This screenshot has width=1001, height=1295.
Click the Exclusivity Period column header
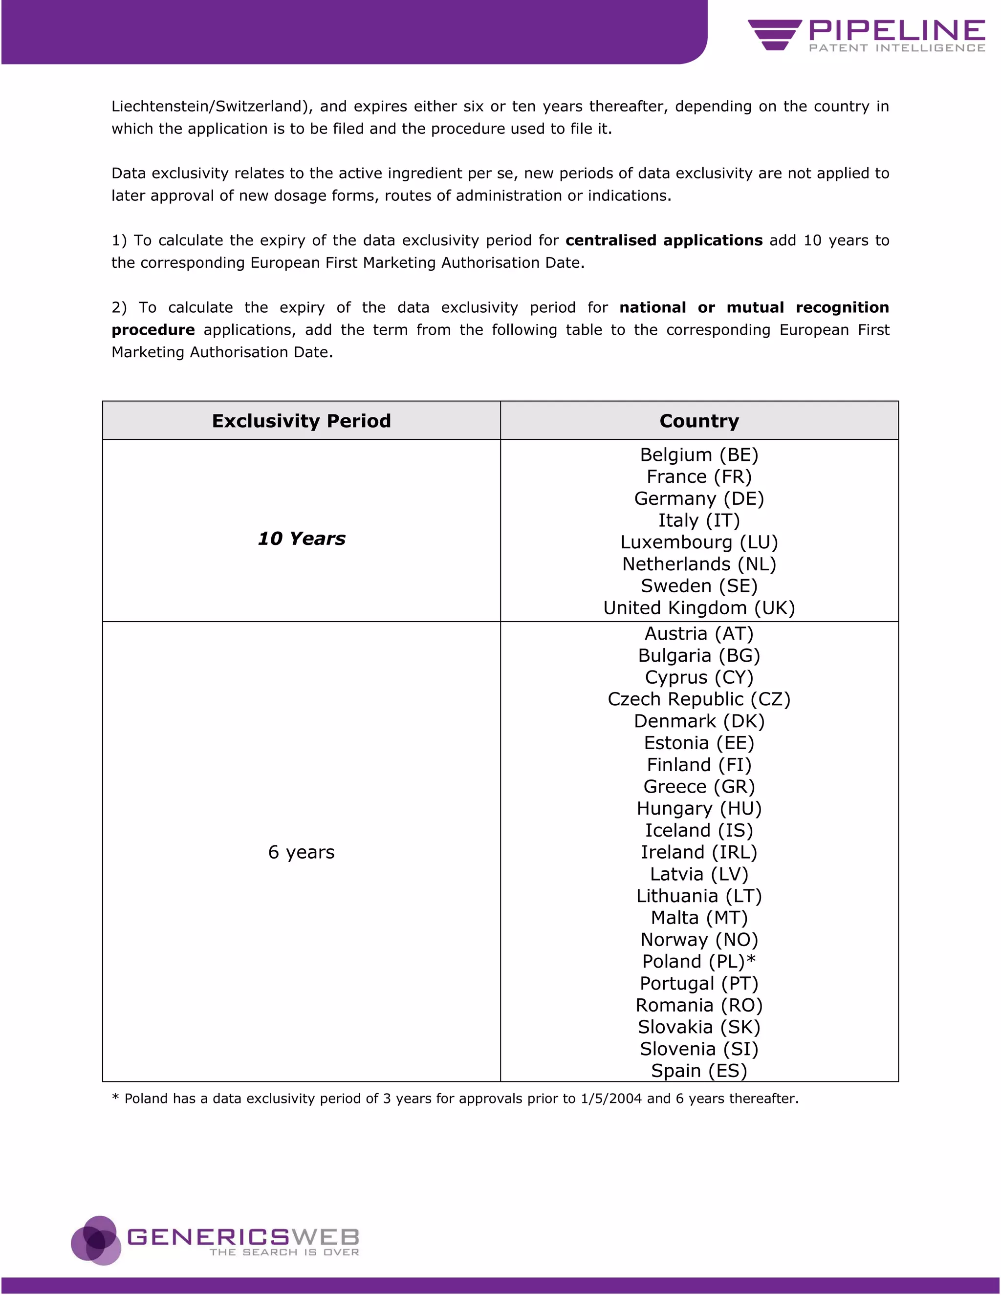301,420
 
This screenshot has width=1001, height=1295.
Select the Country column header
699,420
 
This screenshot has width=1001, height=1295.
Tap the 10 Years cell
301,539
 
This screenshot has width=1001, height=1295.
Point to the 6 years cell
301,852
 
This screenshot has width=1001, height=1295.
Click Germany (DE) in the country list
699,498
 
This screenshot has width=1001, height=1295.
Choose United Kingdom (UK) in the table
699,608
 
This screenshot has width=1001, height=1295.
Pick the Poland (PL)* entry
699,961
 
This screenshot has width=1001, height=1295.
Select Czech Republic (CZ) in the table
699,699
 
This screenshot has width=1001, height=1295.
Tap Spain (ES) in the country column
699,1070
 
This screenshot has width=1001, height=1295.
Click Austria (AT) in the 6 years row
699,634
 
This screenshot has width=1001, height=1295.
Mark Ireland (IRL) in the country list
699,852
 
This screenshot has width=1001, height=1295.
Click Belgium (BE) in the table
699,455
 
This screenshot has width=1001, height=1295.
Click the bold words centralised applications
664,240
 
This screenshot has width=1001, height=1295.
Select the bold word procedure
153,330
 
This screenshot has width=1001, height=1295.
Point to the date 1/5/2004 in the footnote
611,1099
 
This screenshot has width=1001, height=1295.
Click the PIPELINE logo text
896,30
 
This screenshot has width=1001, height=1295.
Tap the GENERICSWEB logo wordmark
243,1237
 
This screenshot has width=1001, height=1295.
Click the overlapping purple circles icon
96,1240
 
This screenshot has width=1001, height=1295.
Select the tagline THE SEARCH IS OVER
284,1252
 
